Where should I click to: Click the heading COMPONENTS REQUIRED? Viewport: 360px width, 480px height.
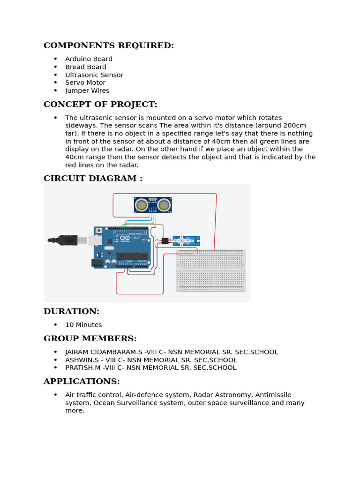pos(108,45)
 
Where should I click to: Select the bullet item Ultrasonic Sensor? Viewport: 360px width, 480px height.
pos(94,75)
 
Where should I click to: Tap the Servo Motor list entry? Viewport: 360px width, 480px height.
pos(85,83)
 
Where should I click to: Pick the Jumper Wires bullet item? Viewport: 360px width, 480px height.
pos(87,91)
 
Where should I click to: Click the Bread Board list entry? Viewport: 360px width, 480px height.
pos(86,67)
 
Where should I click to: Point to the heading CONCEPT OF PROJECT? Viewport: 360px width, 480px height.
pos(100,104)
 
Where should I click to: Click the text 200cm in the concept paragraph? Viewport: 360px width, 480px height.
pos(296,126)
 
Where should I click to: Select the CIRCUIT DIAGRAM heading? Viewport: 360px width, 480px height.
pos(93,178)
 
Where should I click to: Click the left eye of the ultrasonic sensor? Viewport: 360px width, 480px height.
pos(142,205)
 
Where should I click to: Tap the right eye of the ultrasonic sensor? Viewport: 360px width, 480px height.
pos(164,205)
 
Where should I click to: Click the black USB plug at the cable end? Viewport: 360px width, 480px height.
pos(68,240)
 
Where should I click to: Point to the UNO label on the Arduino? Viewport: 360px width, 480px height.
pos(136,238)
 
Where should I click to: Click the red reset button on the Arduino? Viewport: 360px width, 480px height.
pos(99,231)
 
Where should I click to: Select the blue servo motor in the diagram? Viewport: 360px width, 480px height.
pos(186,241)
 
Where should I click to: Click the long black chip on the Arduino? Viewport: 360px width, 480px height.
pos(132,255)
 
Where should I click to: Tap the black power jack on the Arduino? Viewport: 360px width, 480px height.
pos(97,263)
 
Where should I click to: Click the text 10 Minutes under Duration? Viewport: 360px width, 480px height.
pos(83,325)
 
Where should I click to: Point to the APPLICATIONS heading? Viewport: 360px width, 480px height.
pos(82,381)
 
